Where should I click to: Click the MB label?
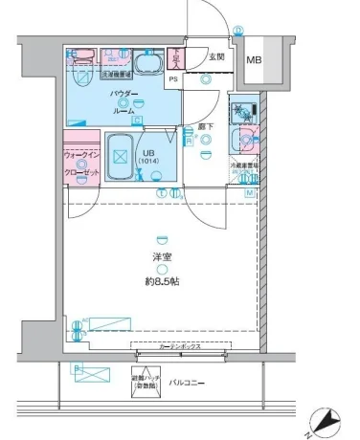coord(254,61)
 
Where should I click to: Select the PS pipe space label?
coord(173,80)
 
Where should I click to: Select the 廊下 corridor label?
coord(206,127)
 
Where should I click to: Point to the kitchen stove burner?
coord(244,111)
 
